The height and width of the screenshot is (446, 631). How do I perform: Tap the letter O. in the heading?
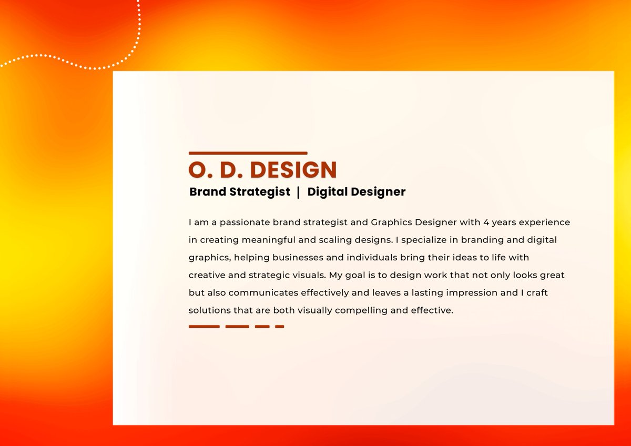[x=198, y=170]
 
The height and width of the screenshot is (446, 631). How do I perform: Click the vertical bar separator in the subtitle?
[x=299, y=192]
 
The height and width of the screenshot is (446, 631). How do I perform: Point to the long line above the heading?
[x=248, y=153]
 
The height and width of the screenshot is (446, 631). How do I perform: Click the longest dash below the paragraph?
[x=204, y=327]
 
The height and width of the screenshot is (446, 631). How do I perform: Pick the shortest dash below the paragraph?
[x=279, y=327]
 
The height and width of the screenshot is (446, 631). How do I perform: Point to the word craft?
[x=535, y=292]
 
